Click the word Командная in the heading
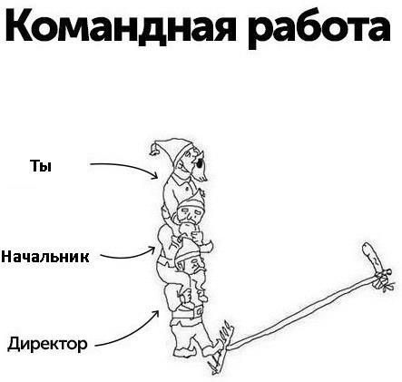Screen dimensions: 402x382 pyautogui.click(x=121, y=26)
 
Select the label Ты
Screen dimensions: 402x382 pyautogui.click(x=41, y=166)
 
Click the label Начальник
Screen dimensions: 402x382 pyautogui.click(x=45, y=257)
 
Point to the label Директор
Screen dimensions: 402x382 pyautogui.click(x=47, y=344)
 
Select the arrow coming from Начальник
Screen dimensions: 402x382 pyautogui.click(x=130, y=256)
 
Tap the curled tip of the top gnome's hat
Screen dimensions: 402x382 pyautogui.click(x=154, y=151)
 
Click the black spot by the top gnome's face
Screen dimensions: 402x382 pyautogui.click(x=200, y=163)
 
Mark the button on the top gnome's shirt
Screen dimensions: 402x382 pyautogui.click(x=188, y=189)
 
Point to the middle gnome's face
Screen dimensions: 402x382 pyautogui.click(x=189, y=215)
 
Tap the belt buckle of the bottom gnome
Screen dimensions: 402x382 pyautogui.click(x=199, y=311)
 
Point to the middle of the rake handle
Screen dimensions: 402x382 pyautogui.click(x=302, y=312)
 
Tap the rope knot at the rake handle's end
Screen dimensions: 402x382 pyautogui.click(x=381, y=279)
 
